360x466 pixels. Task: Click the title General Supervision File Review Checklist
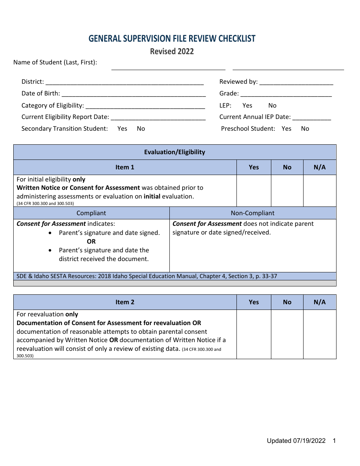pyautogui.click(x=172, y=39)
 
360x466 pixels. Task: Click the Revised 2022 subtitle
pyautogui.click(x=172, y=52)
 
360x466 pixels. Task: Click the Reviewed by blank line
pyautogui.click(x=296, y=83)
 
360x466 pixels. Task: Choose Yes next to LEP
pyautogui.click(x=247, y=106)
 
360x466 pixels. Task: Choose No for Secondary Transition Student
pyautogui.click(x=141, y=129)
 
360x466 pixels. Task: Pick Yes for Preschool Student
pyautogui.click(x=286, y=129)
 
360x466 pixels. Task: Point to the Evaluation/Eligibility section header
pyautogui.click(x=175, y=152)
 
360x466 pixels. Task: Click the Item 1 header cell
pyautogui.click(x=125, y=167)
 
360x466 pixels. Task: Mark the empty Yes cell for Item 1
pyautogui.click(x=254, y=191)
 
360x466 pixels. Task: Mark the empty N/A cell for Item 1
pyautogui.click(x=320, y=191)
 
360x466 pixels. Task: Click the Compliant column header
pyautogui.click(x=91, y=213)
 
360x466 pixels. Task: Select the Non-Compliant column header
pyautogui.click(x=253, y=213)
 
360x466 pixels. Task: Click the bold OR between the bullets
pyautogui.click(x=91, y=242)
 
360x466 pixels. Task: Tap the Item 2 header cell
pyautogui.click(x=125, y=302)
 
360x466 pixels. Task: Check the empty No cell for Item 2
pyautogui.click(x=287, y=334)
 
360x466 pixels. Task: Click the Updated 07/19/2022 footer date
pyautogui.click(x=296, y=441)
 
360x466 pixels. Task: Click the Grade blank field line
pyautogui.click(x=286, y=94)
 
